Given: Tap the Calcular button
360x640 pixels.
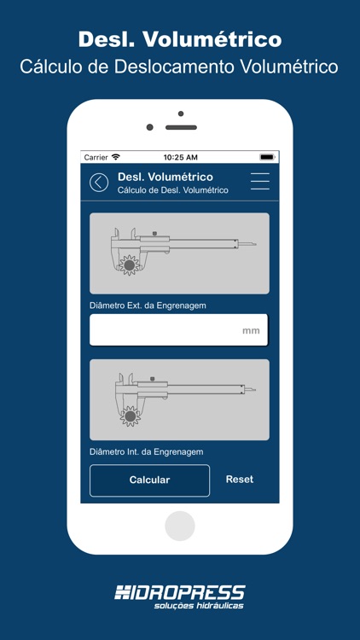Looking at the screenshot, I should tap(149, 480).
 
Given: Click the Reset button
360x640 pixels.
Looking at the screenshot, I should tap(239, 480).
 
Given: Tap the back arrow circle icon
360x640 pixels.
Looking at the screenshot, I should tap(99, 182).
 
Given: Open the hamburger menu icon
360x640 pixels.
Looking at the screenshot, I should tap(259, 182).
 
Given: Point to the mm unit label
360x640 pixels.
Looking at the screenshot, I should tap(251, 330).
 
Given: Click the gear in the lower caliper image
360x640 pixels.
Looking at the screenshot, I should tap(131, 416).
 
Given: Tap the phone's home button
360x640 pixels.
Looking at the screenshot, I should tap(180, 526).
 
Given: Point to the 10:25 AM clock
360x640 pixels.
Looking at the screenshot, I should tap(180, 158).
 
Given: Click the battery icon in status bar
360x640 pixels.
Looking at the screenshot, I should tap(267, 158).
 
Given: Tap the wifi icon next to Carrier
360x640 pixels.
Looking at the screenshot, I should tap(116, 158).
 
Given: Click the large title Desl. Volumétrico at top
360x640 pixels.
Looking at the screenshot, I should tap(180, 39).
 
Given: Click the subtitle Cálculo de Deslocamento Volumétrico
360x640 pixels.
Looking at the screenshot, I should tap(180, 67).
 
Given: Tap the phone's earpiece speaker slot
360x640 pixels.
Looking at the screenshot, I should tap(181, 127).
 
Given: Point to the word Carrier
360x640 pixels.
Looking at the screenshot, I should tap(96, 158).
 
